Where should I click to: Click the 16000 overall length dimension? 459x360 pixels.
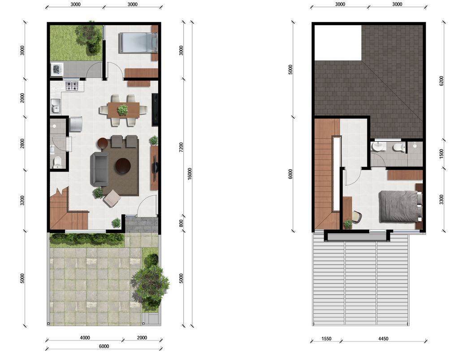click(x=190, y=173)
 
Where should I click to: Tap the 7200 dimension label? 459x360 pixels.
click(x=181, y=147)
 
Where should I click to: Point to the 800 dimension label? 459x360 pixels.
click(x=181, y=223)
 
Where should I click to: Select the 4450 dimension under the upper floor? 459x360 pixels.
click(x=383, y=339)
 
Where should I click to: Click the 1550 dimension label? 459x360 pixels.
click(x=326, y=339)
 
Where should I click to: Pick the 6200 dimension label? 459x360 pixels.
click(x=442, y=81)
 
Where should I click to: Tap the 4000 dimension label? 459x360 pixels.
click(x=85, y=338)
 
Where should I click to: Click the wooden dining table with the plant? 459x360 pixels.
click(x=123, y=110)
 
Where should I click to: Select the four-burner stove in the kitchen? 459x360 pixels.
click(x=72, y=86)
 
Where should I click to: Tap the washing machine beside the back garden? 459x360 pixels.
click(x=57, y=69)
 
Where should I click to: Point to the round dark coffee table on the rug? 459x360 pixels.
click(x=123, y=166)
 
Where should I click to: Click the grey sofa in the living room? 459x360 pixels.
click(x=99, y=169)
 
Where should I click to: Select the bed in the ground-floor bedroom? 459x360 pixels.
click(x=138, y=43)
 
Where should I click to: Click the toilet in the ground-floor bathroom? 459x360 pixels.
click(x=57, y=163)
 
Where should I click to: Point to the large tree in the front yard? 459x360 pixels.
click(x=150, y=284)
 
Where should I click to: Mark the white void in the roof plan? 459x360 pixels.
click(x=338, y=43)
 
